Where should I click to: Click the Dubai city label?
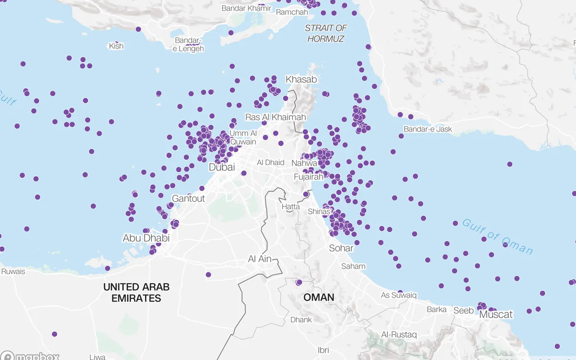pos(222,168)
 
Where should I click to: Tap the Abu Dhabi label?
pos(146,238)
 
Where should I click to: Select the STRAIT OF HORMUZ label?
pos(326,34)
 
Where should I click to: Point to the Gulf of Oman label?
pos(497,237)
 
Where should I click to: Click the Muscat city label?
pos(496,315)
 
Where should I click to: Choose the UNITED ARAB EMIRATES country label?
pos(136,292)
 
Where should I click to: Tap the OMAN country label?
pos(319,298)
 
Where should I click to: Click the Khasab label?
pos(301,79)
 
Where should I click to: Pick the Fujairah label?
pos(309,177)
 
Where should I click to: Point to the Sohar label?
pos(341,248)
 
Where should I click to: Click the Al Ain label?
pos(260,259)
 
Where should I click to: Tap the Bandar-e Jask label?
pos(428,129)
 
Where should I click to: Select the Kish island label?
pos(116,46)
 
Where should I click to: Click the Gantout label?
pos(188,198)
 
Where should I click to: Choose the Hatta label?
pos(291,206)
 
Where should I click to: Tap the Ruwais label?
pos(13,271)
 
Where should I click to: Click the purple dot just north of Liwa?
pos(54,334)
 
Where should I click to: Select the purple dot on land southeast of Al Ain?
pos(299,282)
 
